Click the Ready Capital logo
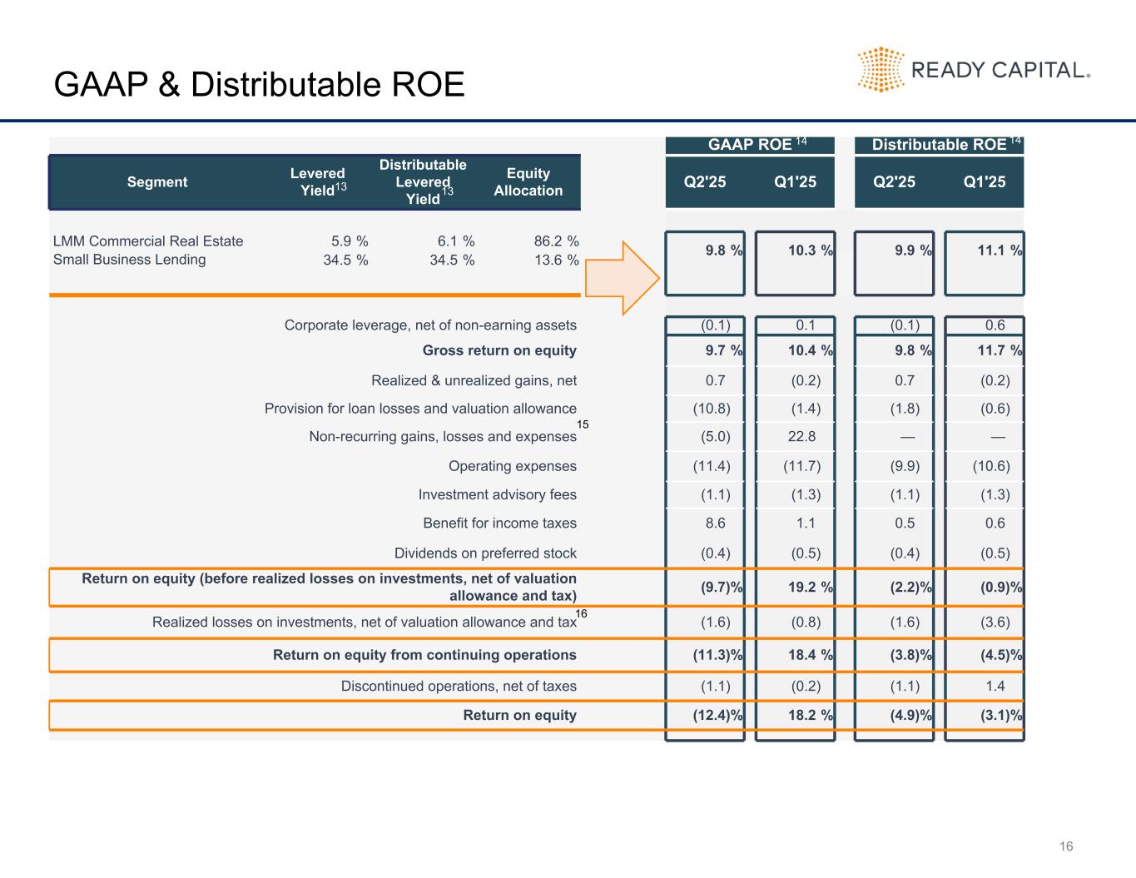973,70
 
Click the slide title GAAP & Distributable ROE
259,85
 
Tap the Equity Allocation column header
528,182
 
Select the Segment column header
157,182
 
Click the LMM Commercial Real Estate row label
148,241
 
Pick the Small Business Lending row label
129,260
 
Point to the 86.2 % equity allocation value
556,241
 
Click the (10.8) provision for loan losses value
712,409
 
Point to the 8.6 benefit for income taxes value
715,523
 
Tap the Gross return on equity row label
499,350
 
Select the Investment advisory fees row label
497,495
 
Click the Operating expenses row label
512,466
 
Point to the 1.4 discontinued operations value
995,687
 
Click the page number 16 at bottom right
1066,847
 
